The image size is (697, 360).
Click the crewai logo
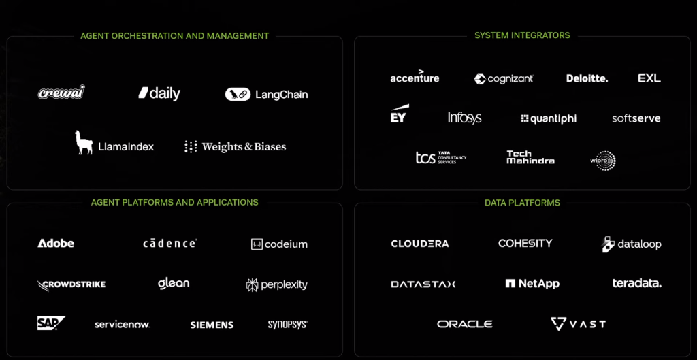click(61, 93)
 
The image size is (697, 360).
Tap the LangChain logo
click(266, 95)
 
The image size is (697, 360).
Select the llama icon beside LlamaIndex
click(84, 142)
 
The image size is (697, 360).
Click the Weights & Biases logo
click(235, 146)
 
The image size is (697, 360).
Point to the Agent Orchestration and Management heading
click(174, 36)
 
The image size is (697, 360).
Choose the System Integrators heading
click(522, 35)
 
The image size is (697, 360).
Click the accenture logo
click(415, 77)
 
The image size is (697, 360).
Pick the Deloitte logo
click(587, 78)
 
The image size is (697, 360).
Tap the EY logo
click(399, 115)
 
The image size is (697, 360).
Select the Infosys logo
click(464, 118)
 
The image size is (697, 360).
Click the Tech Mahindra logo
click(530, 157)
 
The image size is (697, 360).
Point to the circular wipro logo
click(603, 161)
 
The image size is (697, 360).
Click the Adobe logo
click(56, 243)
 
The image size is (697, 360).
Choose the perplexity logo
click(276, 284)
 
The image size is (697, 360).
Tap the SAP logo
click(51, 323)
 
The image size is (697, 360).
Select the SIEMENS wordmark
click(212, 325)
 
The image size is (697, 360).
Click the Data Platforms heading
click(522, 203)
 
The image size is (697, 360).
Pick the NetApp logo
click(532, 283)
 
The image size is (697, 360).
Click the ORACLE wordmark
click(464, 324)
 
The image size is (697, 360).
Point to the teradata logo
click(636, 283)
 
